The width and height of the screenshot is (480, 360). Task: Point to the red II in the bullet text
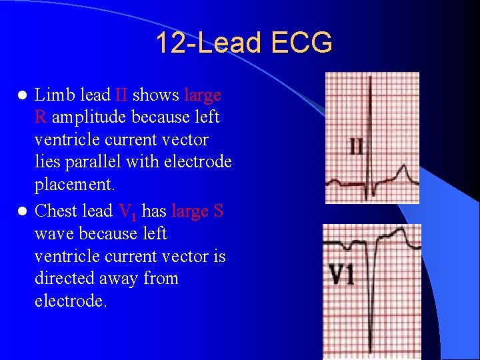(x=121, y=95)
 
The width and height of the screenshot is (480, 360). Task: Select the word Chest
(x=56, y=211)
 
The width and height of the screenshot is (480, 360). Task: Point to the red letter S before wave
(x=217, y=211)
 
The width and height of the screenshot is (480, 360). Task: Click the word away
(x=134, y=277)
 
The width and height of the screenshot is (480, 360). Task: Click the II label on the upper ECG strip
(x=357, y=146)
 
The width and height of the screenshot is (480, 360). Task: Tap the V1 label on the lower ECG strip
(x=341, y=275)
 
